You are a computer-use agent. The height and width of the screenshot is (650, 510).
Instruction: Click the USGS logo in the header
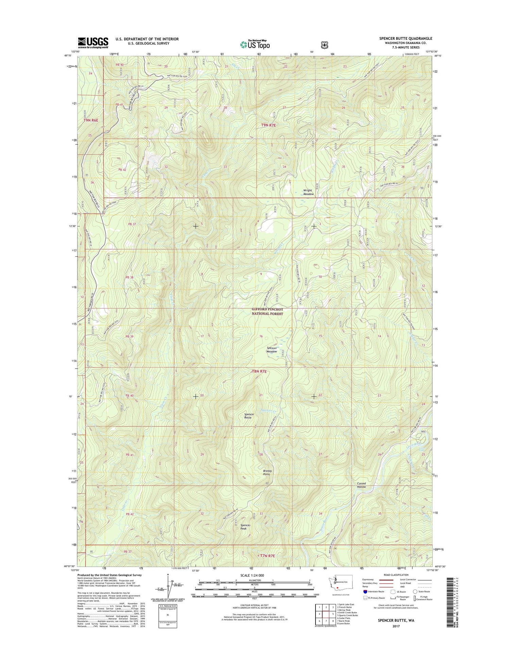click(x=93, y=42)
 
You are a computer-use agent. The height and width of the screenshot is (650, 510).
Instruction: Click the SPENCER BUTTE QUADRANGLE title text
click(x=406, y=39)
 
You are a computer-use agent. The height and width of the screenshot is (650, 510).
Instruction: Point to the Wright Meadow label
click(x=308, y=192)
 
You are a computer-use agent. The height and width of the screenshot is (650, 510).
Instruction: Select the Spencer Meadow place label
click(x=271, y=350)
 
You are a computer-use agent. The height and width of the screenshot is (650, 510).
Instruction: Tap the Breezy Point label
click(x=268, y=473)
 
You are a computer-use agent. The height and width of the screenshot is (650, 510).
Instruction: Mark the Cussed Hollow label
click(x=361, y=485)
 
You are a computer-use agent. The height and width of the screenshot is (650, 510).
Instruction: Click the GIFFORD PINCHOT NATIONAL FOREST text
click(x=267, y=311)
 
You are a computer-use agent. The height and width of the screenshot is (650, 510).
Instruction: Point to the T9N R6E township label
click(x=91, y=120)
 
